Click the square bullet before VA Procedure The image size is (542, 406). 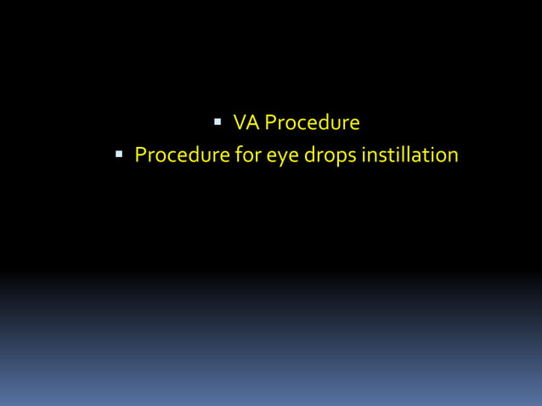[x=218, y=122]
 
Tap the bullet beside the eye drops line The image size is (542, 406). [x=121, y=155]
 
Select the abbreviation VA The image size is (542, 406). [x=246, y=123]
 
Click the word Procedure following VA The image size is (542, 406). [x=312, y=123]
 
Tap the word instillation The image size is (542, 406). [x=411, y=156]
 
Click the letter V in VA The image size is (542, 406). [x=240, y=123]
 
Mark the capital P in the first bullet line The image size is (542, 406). [x=270, y=123]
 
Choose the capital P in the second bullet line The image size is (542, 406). [x=141, y=156]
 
